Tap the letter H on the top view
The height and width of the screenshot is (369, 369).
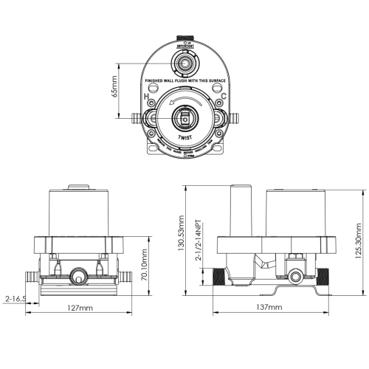[147, 97]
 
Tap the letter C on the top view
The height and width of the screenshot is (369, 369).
[223, 97]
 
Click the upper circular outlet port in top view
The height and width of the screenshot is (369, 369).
[184, 62]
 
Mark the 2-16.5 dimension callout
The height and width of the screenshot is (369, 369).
[15, 300]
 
